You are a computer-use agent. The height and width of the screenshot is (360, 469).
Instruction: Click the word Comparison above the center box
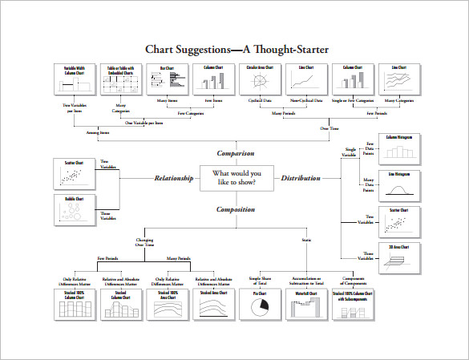tap(235, 153)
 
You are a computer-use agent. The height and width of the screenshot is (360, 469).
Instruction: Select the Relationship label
tap(174, 178)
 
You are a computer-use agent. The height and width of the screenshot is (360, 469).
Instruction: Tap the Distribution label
tap(301, 178)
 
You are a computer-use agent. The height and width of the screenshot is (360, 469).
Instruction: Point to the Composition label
tap(235, 209)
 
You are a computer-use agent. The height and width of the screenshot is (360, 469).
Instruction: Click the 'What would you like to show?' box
tap(236, 178)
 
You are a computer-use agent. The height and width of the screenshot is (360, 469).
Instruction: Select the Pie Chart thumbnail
tap(261, 305)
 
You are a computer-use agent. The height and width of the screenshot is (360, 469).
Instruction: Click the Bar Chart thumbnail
tap(167, 80)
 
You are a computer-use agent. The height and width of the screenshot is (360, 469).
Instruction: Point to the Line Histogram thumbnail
tap(399, 187)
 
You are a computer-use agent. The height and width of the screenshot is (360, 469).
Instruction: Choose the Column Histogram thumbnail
tap(399, 151)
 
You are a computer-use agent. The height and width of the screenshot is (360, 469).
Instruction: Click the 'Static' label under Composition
tap(306, 240)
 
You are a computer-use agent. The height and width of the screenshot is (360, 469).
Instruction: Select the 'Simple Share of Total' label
tap(261, 280)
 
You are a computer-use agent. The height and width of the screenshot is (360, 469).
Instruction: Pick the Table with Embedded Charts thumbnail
tap(120, 80)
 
